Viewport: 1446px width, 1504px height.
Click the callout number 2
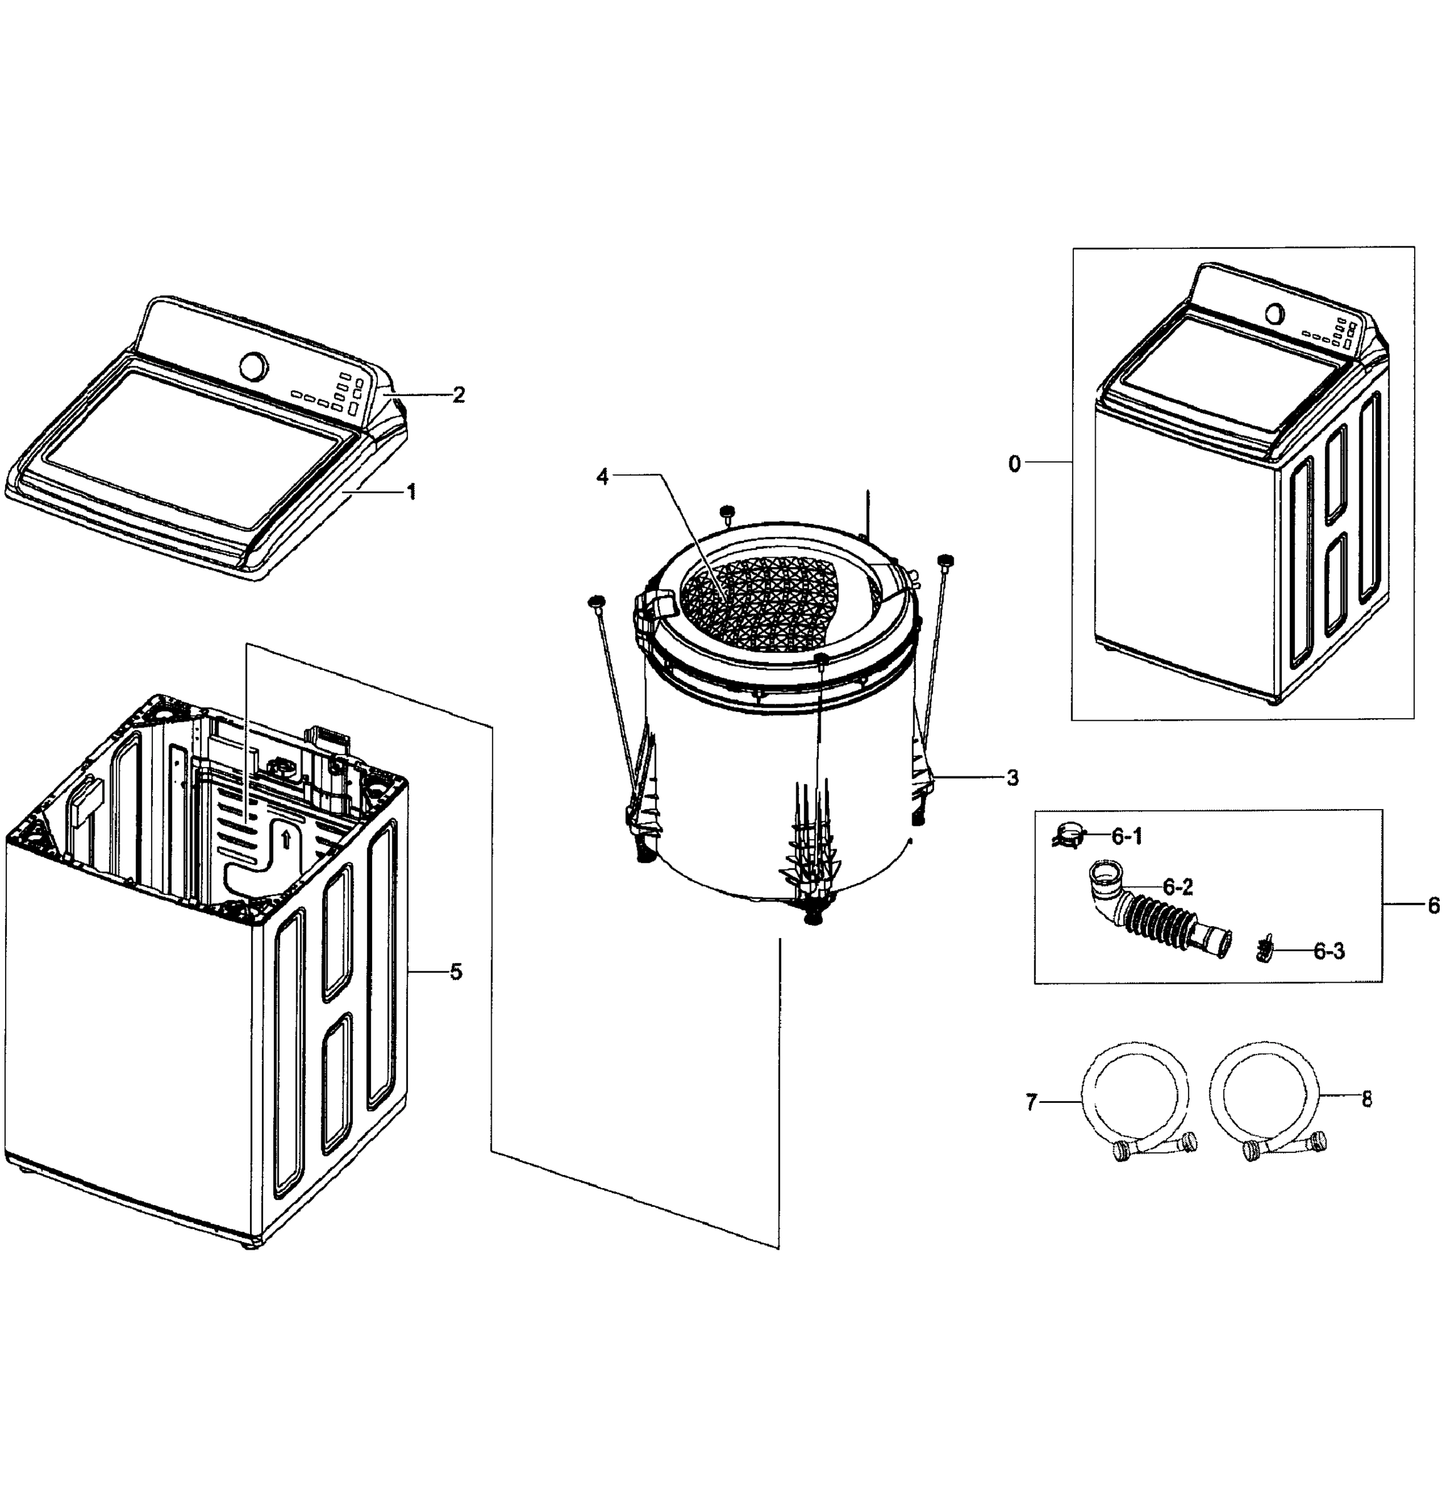[458, 395]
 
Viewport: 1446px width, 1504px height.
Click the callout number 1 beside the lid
[412, 492]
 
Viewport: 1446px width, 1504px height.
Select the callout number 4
[602, 476]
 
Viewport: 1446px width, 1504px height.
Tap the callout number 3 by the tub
[1012, 778]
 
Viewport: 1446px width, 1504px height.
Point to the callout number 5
[455, 972]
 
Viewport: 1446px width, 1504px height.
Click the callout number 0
[1014, 464]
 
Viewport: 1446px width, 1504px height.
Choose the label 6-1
[1127, 837]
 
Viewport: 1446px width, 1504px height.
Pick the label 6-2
[1177, 887]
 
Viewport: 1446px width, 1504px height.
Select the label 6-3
[1329, 951]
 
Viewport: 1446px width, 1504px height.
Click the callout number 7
[1031, 1103]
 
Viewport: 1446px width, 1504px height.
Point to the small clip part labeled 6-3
[1264, 951]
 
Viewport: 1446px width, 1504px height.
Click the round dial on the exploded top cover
[254, 366]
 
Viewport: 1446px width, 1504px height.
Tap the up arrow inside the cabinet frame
[285, 838]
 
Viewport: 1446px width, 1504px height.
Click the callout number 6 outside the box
[1433, 906]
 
